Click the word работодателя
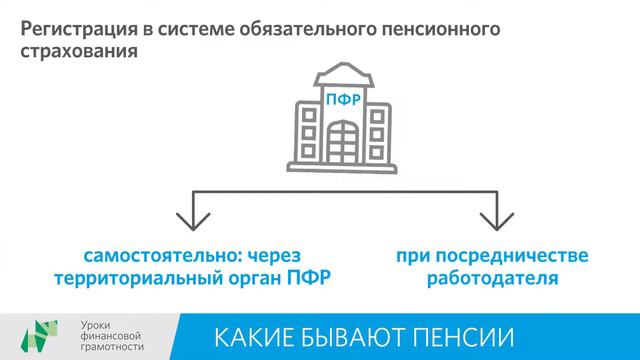490,277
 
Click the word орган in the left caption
254,277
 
